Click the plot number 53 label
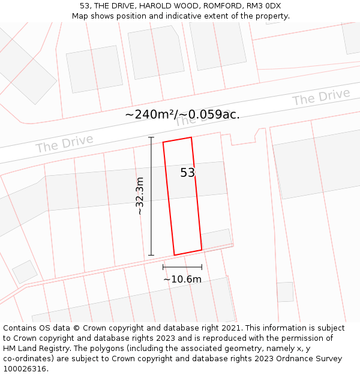pos(188,173)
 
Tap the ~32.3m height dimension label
pos(139,196)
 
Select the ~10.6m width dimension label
pos(182,279)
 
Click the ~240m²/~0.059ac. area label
pos(182,115)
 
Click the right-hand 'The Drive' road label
pos(321,97)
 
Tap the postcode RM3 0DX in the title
pos(265,6)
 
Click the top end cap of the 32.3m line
pos(151,137)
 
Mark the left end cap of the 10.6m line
pos(163,266)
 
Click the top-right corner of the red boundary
pos(191,137)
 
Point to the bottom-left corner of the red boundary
pos(174,255)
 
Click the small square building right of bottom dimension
pos(285,292)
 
